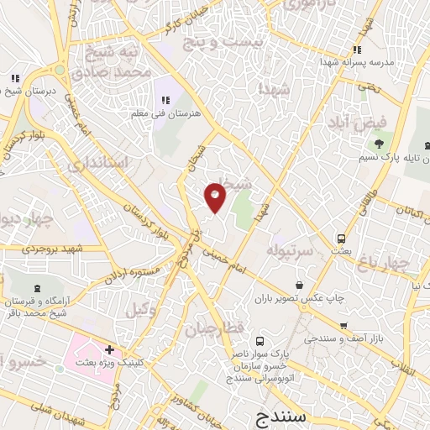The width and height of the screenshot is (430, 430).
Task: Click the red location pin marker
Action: point(216,197)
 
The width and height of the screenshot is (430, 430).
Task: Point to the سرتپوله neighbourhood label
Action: point(290,251)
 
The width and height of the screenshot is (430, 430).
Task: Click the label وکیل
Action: point(142,310)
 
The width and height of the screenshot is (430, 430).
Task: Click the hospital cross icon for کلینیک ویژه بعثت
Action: point(109,349)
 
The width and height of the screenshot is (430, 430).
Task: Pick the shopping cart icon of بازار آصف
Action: point(343,325)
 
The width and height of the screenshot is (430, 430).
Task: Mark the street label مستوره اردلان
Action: point(134,275)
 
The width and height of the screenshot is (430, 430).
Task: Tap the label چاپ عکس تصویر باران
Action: point(290,297)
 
